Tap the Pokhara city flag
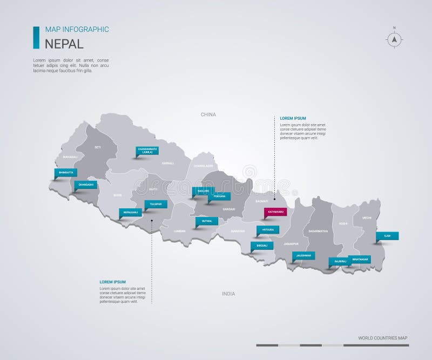coord(219,196)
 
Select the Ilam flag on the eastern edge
coord(387,235)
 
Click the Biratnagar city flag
coord(359,259)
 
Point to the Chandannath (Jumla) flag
coord(147,151)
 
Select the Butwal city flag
coord(207,221)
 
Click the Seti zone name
coord(98,147)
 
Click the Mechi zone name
coord(366,219)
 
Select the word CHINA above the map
coord(208,114)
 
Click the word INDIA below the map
coord(228,294)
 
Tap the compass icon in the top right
coord(395,38)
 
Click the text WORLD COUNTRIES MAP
coord(383,338)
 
